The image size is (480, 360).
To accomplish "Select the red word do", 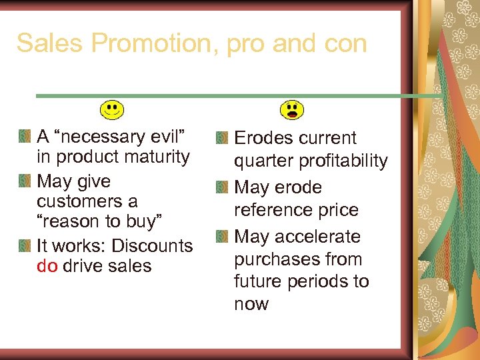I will tap(47, 266).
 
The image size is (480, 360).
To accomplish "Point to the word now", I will tap(251, 304).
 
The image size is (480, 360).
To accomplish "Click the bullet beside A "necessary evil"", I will tap(25, 137).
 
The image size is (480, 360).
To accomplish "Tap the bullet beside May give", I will tap(25, 181).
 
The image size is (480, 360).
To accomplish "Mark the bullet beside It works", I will tap(25, 245).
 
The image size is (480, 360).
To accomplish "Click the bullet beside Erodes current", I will tap(222, 139).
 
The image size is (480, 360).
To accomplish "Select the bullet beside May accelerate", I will tap(222, 237).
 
